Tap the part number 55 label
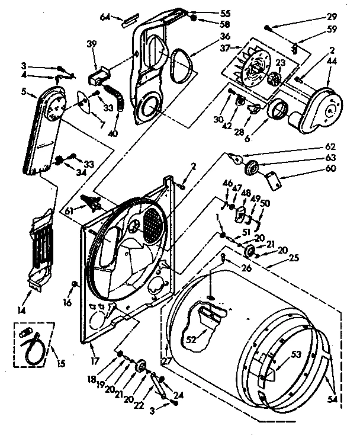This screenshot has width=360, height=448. pos(209,12)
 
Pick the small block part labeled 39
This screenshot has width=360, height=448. pos(97,78)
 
